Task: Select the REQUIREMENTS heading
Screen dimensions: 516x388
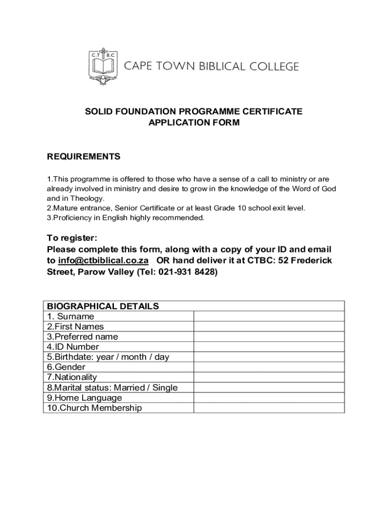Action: click(84, 157)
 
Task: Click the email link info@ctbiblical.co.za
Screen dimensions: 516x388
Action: click(103, 261)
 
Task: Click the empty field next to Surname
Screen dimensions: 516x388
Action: click(269, 316)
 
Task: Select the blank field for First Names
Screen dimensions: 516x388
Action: click(269, 327)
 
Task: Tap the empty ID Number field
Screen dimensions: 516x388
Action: click(269, 347)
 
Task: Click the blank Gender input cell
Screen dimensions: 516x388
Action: click(269, 367)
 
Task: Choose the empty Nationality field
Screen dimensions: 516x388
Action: click(269, 377)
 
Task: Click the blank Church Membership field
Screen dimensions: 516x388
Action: click(269, 408)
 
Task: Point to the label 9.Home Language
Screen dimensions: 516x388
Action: click(85, 398)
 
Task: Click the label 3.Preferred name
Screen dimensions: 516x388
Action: click(83, 337)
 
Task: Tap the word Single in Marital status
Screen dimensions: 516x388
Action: click(166, 388)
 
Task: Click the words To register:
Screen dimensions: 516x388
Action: click(72, 238)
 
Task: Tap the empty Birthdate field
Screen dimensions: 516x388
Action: click(269, 357)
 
